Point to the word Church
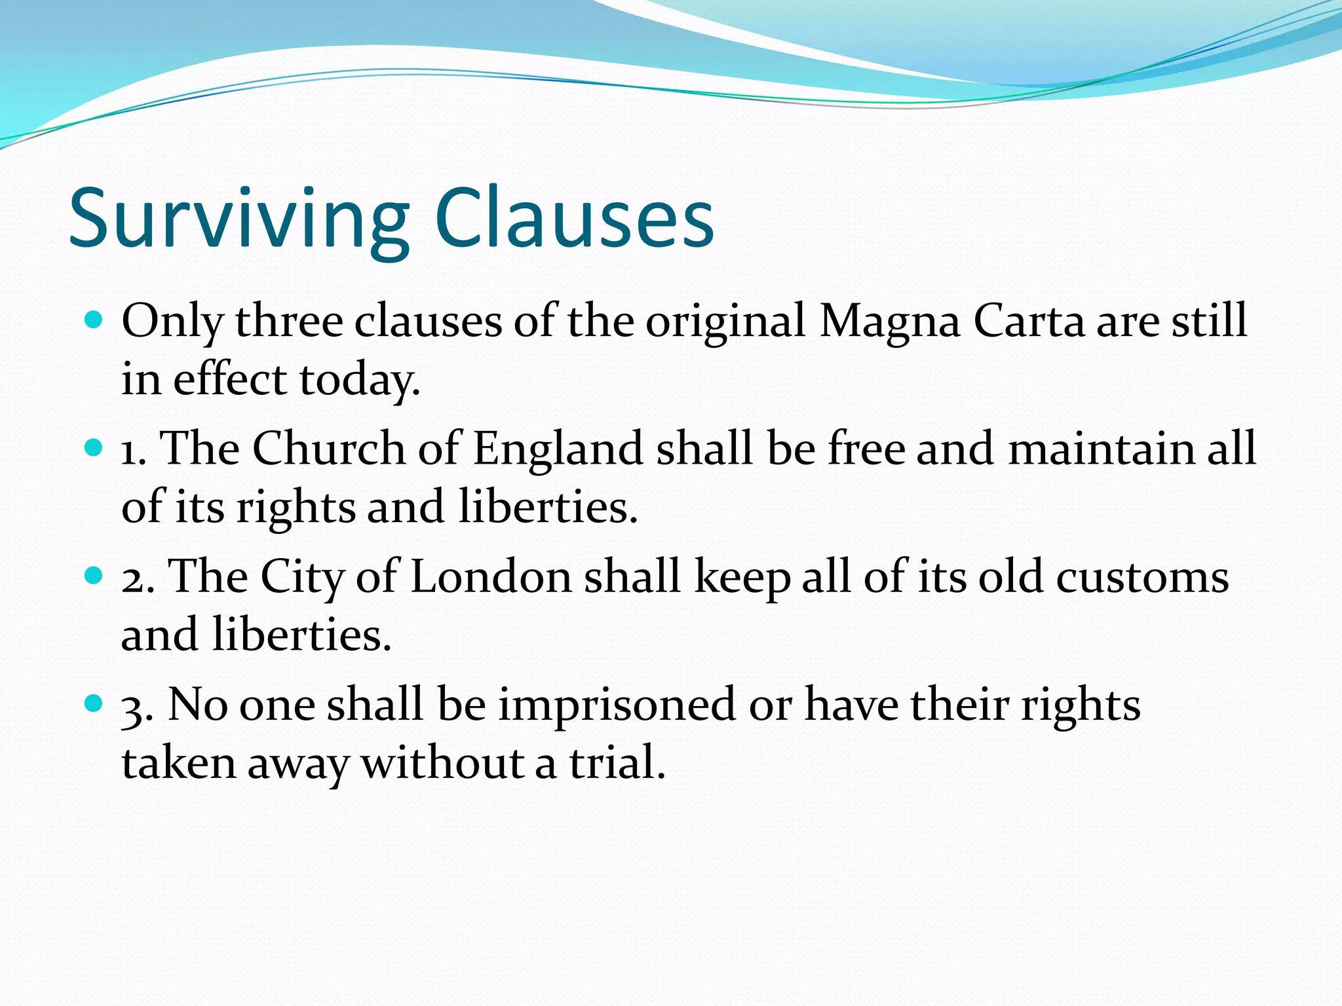point(329,449)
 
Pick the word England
point(558,450)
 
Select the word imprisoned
point(617,705)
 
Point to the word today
point(359,380)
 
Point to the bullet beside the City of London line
point(94,576)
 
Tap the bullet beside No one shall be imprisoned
point(94,704)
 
